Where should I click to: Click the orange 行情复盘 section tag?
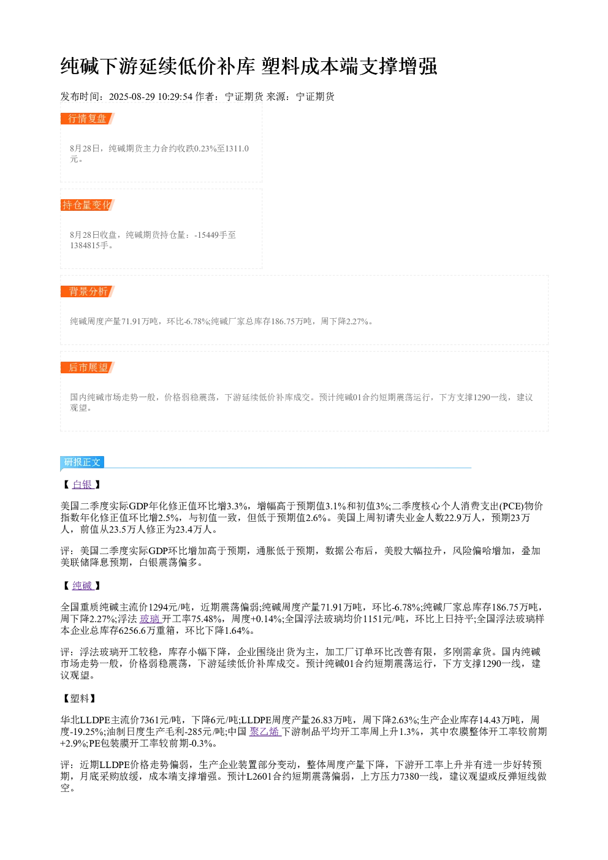(87, 119)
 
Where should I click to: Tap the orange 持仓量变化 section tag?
(87, 205)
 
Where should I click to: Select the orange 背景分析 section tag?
(87, 291)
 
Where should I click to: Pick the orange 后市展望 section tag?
(87, 367)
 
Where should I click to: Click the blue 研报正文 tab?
(82, 462)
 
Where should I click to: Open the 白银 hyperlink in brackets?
(83, 485)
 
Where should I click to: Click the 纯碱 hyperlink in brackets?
(83, 586)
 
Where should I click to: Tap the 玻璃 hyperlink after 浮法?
(150, 619)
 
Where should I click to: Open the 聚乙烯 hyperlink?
(264, 732)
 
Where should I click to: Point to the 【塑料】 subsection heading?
(80, 699)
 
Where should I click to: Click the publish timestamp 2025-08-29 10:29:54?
(150, 97)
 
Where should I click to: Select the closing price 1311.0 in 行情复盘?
(237, 148)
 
